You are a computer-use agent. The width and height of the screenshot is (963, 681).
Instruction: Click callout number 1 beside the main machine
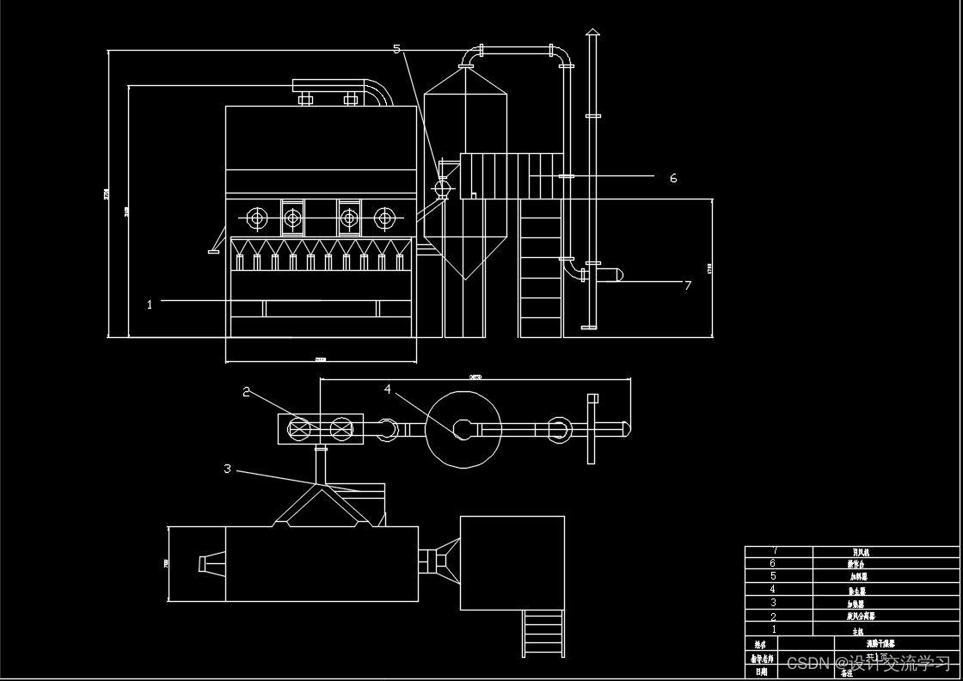coord(150,304)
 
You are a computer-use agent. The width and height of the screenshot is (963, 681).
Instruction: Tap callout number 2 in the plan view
coord(247,392)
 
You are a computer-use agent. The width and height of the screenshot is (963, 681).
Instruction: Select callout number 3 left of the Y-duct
coord(227,469)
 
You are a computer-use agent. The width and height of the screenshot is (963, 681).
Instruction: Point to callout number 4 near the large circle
coord(388,390)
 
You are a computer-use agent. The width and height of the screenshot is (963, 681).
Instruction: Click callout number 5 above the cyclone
coord(396,49)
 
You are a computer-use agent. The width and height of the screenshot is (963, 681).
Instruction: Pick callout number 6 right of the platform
coord(673,178)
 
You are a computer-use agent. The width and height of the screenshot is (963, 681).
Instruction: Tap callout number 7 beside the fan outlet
coord(687,285)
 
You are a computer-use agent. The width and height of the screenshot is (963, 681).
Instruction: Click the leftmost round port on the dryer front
coord(257,218)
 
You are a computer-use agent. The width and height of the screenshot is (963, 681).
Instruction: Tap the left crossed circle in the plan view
coord(299,428)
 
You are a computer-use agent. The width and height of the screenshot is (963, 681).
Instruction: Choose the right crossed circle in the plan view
coord(341,428)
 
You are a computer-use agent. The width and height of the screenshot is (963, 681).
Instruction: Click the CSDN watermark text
coord(868,663)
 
